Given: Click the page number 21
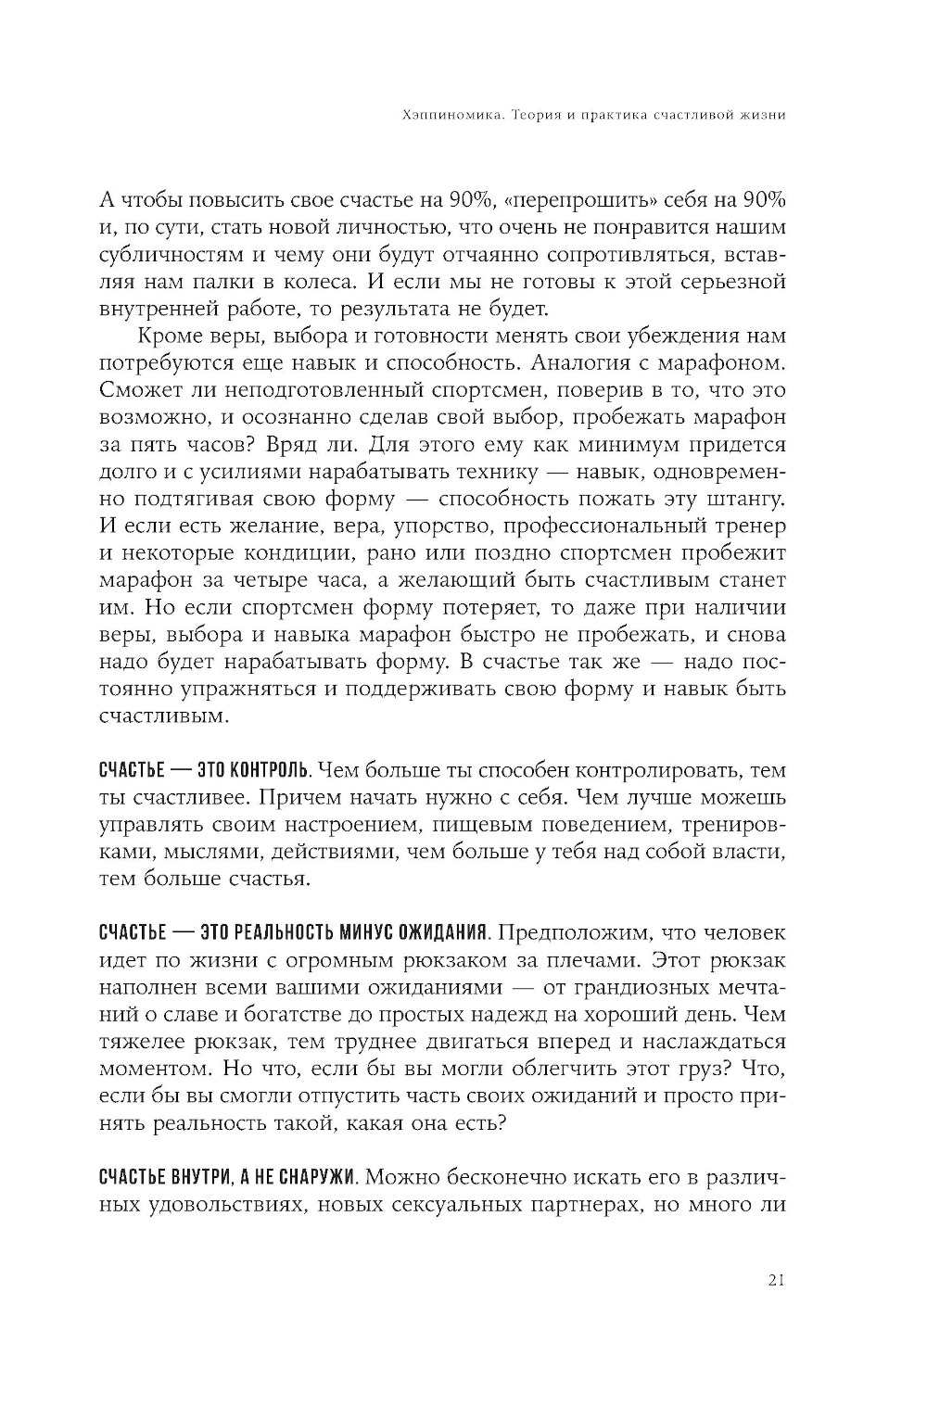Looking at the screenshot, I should [777, 1280].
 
